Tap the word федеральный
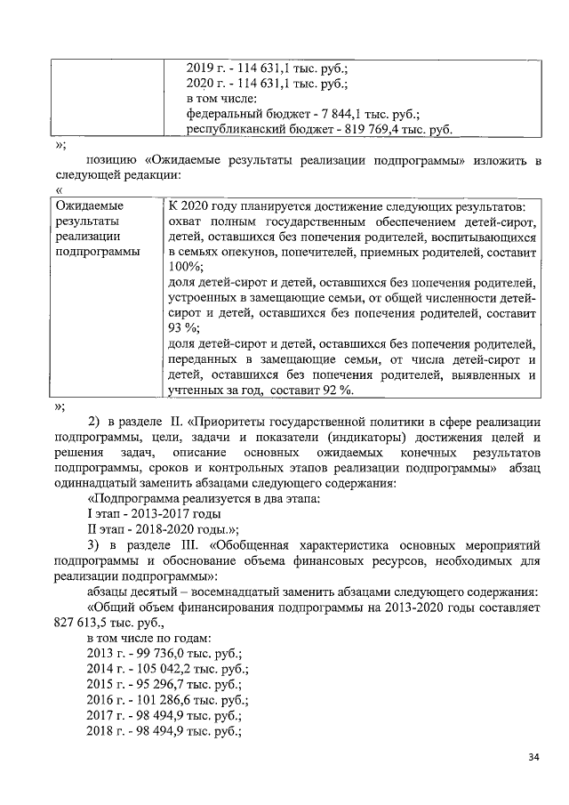226,114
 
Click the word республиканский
236,130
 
